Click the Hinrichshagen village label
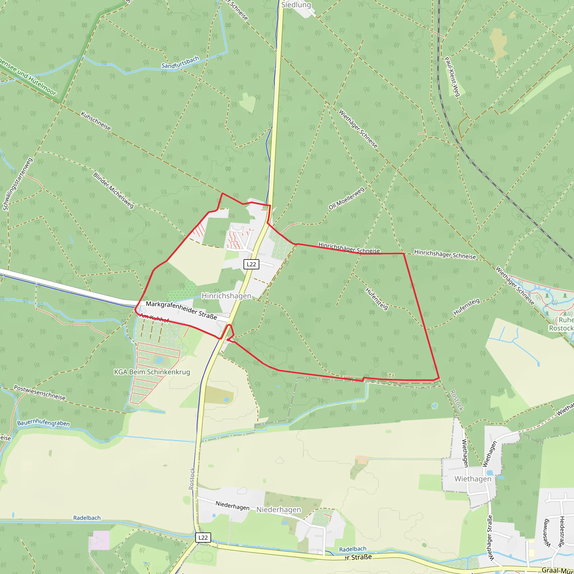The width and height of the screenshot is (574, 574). [226, 296]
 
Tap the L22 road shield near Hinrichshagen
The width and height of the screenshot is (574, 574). [251, 264]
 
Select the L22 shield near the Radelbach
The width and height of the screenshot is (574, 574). [203, 538]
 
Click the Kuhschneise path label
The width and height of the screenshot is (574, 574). [96, 121]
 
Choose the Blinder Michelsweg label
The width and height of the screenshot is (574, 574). [113, 190]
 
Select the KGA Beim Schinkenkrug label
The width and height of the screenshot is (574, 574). [152, 372]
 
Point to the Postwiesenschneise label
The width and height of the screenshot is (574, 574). [40, 393]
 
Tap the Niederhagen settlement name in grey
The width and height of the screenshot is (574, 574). [278, 510]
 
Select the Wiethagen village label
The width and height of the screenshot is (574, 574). [473, 479]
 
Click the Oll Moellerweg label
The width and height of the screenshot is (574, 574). [346, 198]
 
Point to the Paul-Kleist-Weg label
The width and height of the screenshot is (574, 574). [452, 77]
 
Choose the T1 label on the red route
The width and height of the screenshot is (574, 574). [391, 376]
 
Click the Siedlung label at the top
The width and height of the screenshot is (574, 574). [296, 5]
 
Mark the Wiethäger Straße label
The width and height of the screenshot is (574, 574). [490, 538]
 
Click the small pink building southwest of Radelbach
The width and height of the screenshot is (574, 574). [99, 540]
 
